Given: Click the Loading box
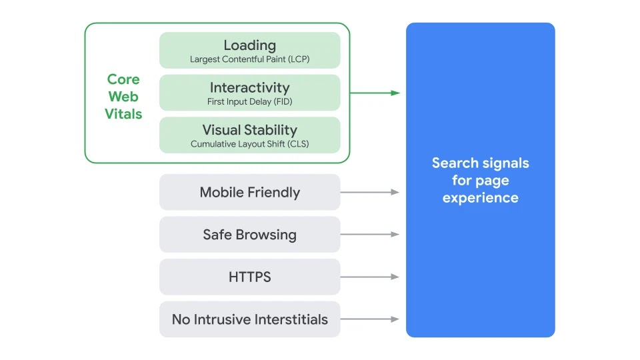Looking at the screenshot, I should tap(249, 50).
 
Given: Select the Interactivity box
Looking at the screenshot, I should tap(249, 93).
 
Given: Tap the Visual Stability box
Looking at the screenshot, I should tap(249, 135).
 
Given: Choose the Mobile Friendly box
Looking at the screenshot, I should tap(249, 192).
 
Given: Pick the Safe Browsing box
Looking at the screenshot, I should tap(249, 235).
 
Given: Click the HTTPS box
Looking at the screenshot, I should tap(249, 277).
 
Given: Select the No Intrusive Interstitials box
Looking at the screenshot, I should tap(249, 319).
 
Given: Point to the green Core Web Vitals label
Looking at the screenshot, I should tap(123, 97).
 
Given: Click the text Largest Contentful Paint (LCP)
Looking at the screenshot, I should tap(249, 59).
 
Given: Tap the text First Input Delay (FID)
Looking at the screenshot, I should tap(249, 102).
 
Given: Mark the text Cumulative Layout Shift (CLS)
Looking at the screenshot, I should tap(249, 144).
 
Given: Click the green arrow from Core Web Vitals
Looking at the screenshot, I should tap(375, 93).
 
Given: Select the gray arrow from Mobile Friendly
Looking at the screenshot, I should tap(370, 192).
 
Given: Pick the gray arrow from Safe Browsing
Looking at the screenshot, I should tap(370, 235).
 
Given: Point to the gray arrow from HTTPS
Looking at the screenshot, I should tap(370, 277).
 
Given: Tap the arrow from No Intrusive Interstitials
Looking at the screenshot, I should tap(370, 319).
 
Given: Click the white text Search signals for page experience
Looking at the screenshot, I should tap(480, 180).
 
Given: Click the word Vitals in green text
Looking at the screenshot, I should tap(123, 114).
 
